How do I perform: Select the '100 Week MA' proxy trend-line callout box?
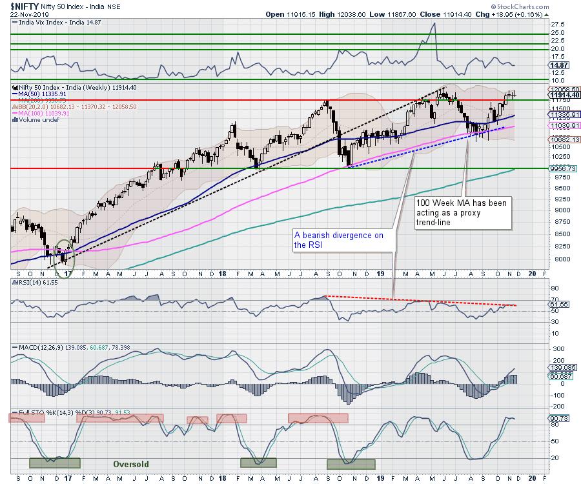[464, 212]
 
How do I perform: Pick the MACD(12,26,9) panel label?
[39, 348]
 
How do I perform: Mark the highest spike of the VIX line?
[434, 24]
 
